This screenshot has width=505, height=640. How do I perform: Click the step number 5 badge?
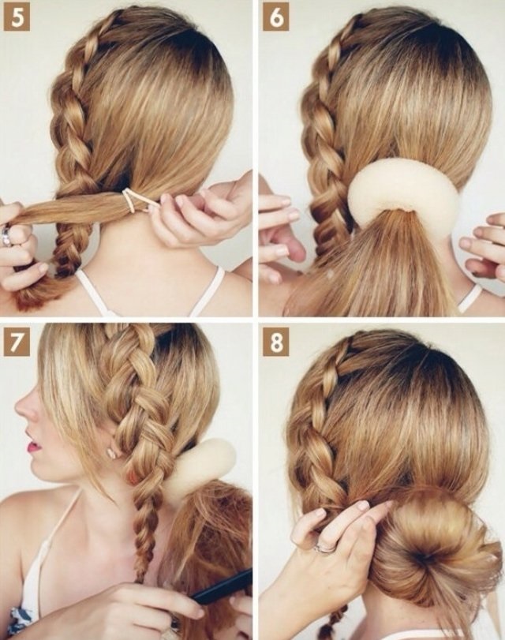(17, 17)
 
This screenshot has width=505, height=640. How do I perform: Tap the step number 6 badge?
(275, 17)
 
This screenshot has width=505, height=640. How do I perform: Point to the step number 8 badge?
(275, 342)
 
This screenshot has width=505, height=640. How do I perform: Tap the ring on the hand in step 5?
(7, 235)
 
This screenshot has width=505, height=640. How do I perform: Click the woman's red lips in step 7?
(34, 446)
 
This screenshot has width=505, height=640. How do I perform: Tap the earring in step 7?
(111, 453)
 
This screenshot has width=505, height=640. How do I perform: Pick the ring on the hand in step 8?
(324, 547)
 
